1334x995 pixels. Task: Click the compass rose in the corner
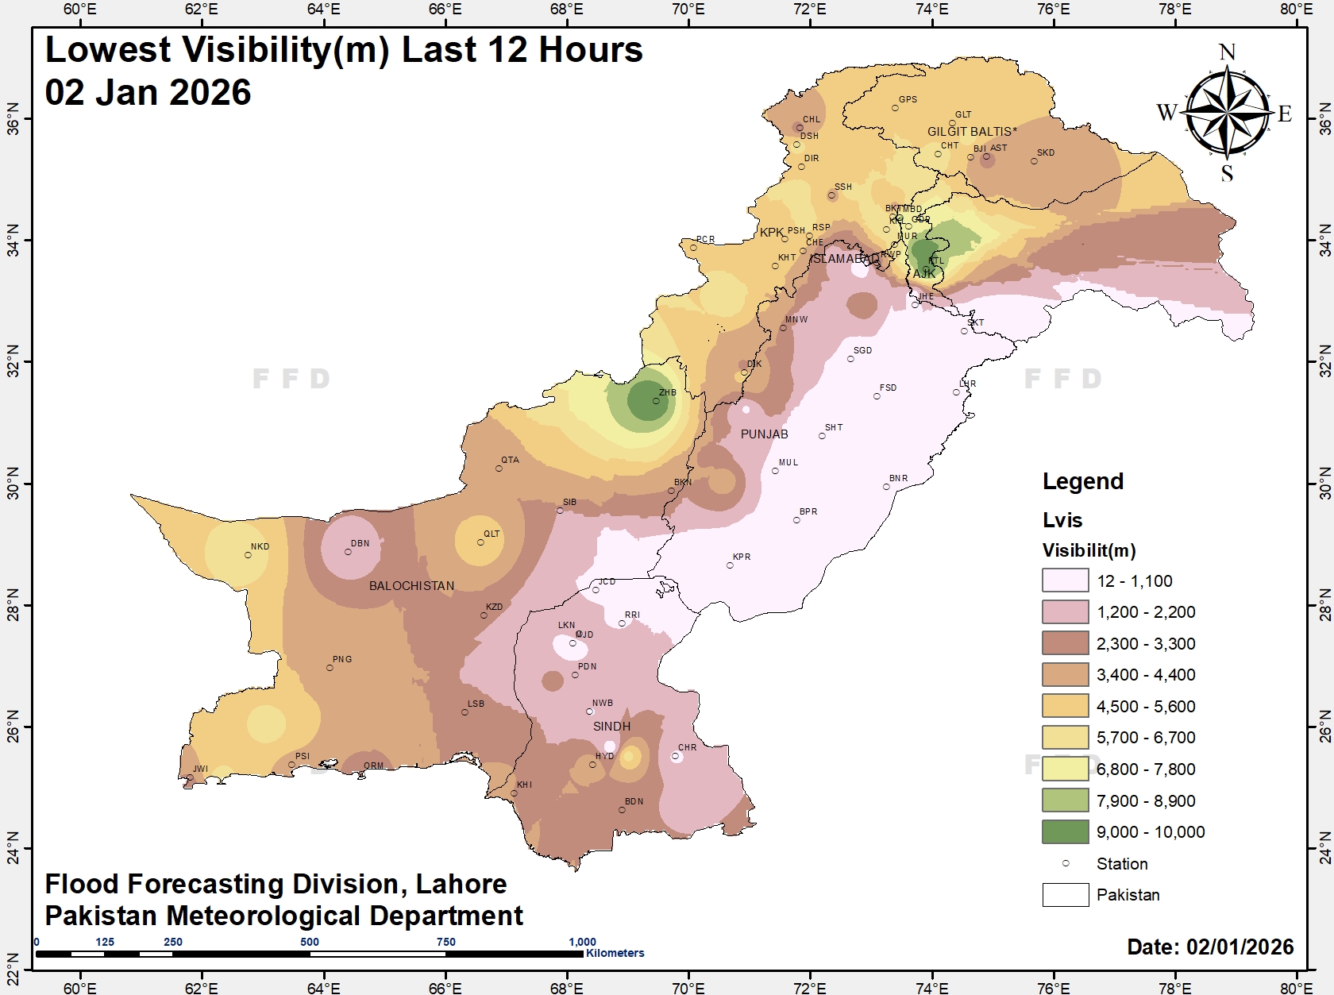(1227, 112)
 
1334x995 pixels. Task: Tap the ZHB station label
(667, 392)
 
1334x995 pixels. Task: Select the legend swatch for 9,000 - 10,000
(1065, 831)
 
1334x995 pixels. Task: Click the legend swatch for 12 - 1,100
(1065, 580)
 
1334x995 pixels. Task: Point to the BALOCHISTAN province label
(411, 586)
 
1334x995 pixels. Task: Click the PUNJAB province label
(764, 434)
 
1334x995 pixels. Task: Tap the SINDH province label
(611, 727)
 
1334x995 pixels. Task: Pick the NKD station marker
(248, 555)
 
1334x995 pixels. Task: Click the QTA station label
(510, 460)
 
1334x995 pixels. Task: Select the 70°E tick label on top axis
(688, 10)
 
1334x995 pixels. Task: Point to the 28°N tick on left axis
(13, 605)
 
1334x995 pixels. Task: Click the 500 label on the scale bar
(310, 942)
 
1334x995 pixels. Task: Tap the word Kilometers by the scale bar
(615, 953)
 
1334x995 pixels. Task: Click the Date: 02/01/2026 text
(1210, 947)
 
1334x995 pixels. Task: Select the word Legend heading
(1082, 481)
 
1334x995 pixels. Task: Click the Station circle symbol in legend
(1065, 863)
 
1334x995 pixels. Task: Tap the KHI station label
(524, 785)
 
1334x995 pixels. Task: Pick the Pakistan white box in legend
(1065, 895)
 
